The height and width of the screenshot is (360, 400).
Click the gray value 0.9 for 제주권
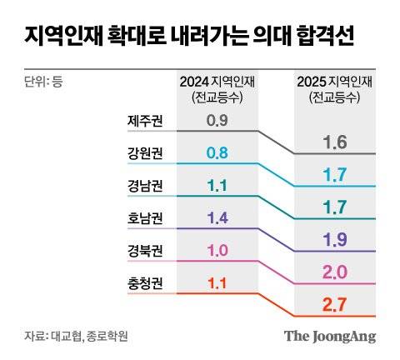point(217,121)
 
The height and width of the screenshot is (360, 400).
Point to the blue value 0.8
point(217,153)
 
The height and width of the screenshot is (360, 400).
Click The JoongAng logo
point(330,336)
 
